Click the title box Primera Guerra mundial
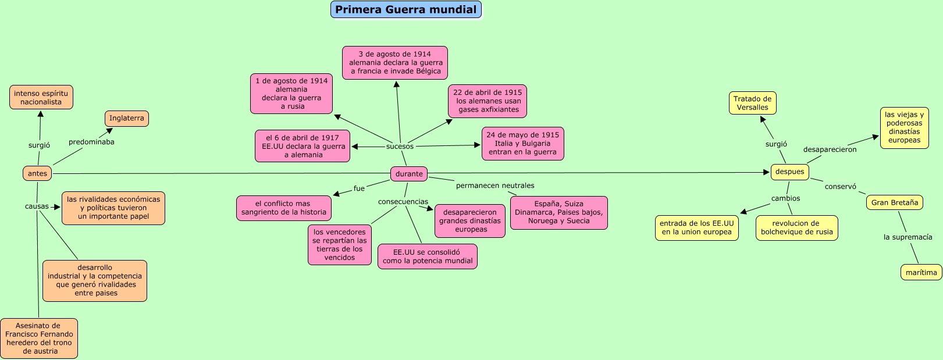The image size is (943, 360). click(405, 10)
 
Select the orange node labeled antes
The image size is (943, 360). click(37, 173)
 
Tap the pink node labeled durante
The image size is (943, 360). click(409, 174)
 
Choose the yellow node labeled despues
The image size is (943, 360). click(789, 172)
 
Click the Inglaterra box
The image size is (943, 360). click(126, 119)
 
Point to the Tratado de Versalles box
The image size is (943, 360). click(752, 104)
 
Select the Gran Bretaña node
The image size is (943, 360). click(895, 203)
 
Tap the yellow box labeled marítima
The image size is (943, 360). click(921, 272)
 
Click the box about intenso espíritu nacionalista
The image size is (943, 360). click(41, 97)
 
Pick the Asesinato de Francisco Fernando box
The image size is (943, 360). click(39, 338)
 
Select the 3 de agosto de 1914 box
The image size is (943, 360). click(395, 63)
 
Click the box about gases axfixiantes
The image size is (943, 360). click(487, 101)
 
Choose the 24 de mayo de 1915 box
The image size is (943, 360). click(522, 144)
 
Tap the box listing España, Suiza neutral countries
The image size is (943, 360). click(558, 213)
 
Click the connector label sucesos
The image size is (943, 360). click(400, 147)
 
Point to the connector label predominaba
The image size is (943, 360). click(91, 142)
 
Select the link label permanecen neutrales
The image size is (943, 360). click(495, 186)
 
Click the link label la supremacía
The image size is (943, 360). click(908, 237)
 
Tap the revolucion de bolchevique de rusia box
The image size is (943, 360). click(796, 228)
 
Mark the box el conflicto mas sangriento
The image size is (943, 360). click(284, 208)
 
